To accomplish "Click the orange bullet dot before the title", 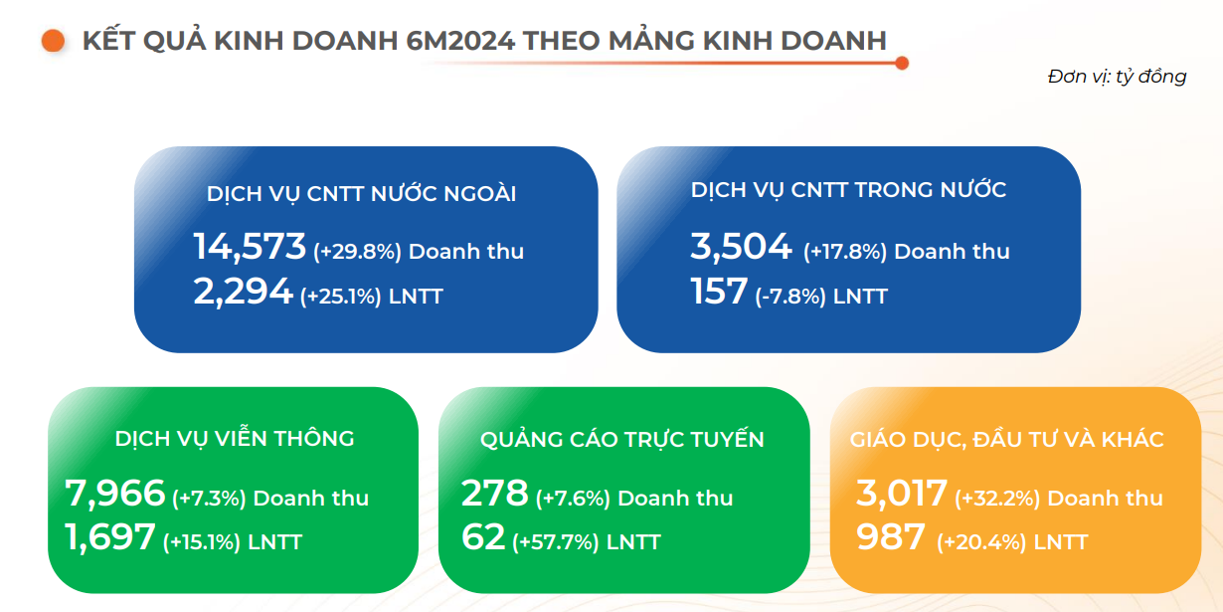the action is point(54,41).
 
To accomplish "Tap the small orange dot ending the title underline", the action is point(902,64).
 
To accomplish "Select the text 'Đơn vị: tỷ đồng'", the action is point(1117,77).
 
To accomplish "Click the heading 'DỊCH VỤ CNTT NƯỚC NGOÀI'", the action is point(361,193).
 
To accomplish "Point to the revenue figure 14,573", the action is point(250,246).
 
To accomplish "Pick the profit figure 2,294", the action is point(243,291).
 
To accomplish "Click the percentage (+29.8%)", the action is point(357,252).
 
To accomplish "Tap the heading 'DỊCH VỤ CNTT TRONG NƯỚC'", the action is point(848,190).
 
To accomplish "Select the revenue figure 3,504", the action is point(741,246).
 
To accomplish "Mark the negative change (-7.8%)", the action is point(790,297).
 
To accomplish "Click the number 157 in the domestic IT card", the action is point(719,291).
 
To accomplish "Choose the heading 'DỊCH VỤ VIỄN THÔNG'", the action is point(235,438).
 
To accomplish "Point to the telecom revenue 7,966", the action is point(114,493).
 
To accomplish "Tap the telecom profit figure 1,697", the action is point(109,536).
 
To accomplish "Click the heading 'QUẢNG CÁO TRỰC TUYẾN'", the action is point(621,439).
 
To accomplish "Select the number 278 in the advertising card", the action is point(494,493).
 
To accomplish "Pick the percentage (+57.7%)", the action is point(555,542).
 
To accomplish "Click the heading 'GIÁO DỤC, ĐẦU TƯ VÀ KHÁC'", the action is point(1007,439).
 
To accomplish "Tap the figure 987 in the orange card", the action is point(891,536).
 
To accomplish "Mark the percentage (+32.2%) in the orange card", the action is point(997,499).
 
